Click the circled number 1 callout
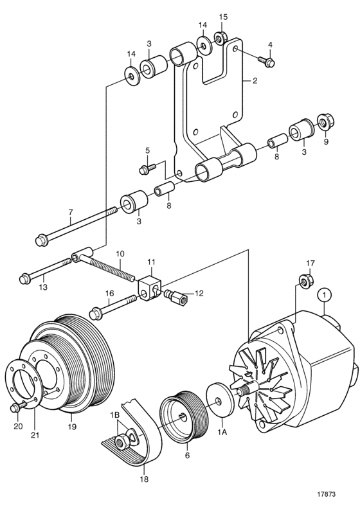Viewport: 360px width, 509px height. coord(325,295)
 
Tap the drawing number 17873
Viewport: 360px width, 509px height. coord(326,494)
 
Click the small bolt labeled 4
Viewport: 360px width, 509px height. coord(267,61)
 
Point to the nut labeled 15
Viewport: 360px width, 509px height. coord(220,39)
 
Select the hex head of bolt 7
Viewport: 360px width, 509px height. coord(42,240)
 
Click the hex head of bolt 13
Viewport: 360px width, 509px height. coord(26,278)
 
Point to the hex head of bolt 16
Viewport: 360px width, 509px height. coord(95,314)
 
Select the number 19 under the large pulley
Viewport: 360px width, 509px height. coord(72,427)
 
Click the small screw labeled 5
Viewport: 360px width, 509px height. coord(148,168)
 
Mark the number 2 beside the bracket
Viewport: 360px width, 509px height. coord(255,80)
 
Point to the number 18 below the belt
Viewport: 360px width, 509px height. coord(144,479)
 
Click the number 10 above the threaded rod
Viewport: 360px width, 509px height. coord(120,253)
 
